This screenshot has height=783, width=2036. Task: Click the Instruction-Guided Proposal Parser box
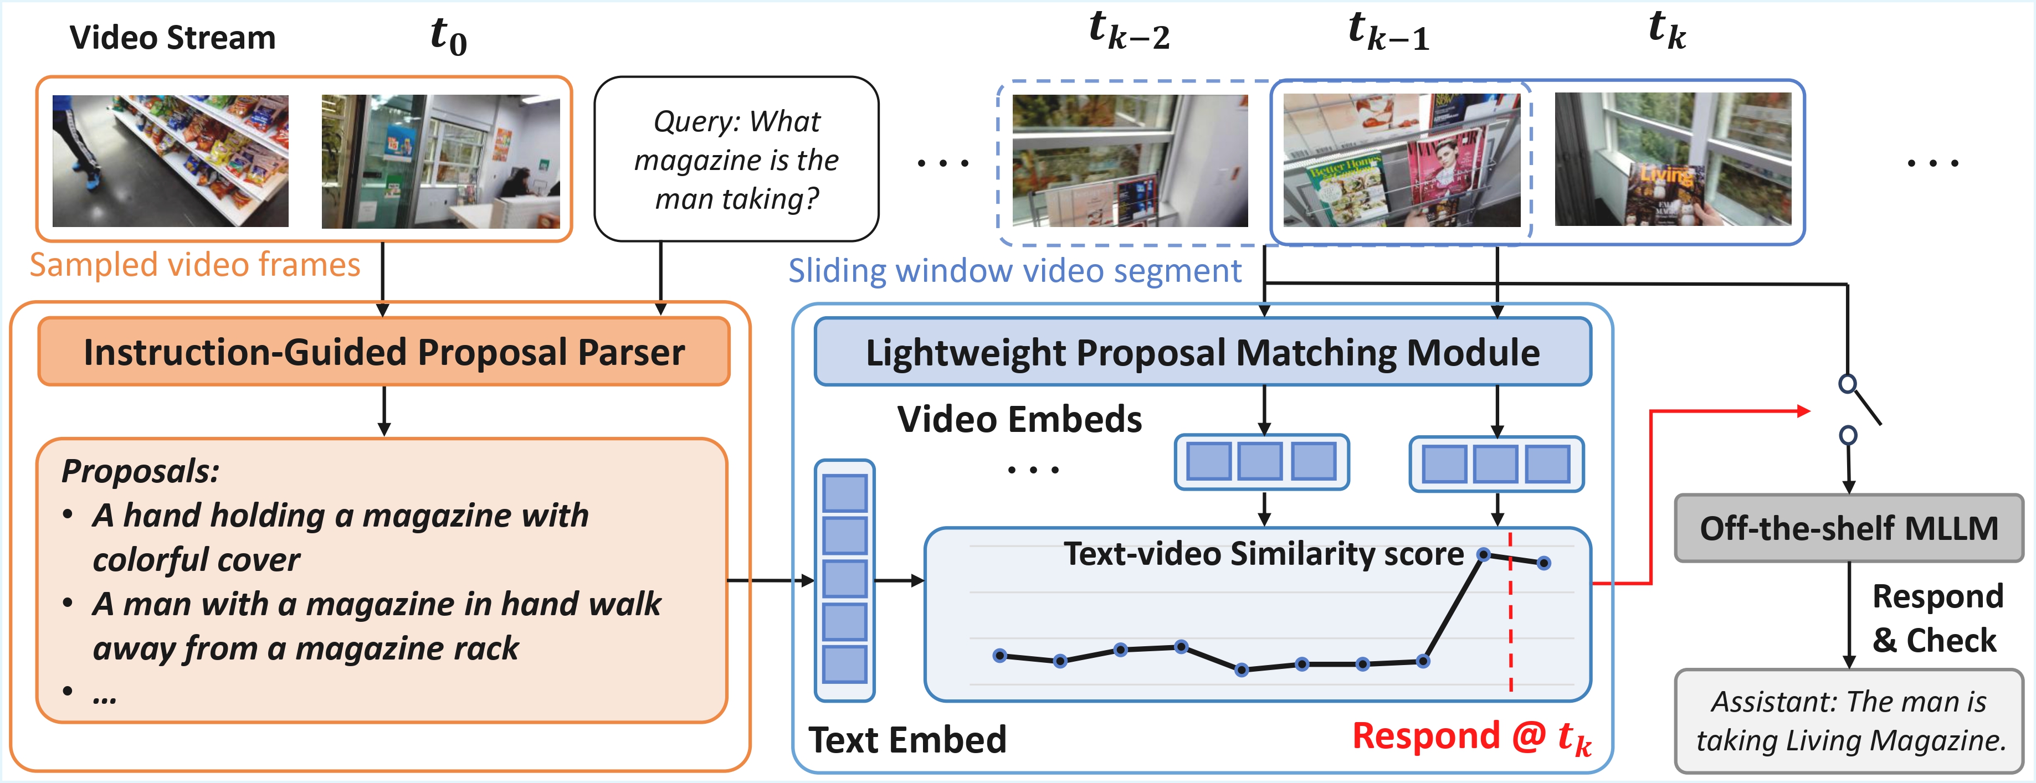coord(384,352)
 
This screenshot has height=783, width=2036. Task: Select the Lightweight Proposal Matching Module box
coord(1202,352)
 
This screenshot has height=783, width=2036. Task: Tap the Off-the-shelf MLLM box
coord(1849,528)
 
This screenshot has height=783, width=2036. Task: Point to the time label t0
coord(448,35)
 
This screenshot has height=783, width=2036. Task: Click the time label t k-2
coord(1129,32)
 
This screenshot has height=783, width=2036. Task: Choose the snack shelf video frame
coord(171,161)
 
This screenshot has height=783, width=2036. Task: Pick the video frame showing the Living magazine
coord(1673,159)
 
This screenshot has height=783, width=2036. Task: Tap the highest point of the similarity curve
coord(1484,555)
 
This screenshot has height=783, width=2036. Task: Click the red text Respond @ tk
coord(1471,737)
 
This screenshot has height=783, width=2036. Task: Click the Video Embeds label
coord(1019,419)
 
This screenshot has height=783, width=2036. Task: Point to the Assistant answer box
coord(1849,720)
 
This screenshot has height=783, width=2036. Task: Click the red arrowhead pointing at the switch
coord(1804,411)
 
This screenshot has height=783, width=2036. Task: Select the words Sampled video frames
coord(194,265)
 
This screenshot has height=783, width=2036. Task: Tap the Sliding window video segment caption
coord(1015,271)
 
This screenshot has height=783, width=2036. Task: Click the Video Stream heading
coord(172,37)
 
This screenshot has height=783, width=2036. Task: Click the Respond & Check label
coord(1937,618)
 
